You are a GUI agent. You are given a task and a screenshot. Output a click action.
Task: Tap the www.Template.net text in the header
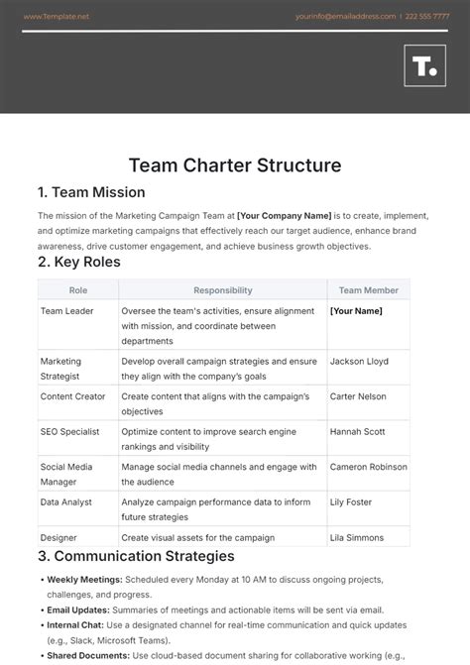[55, 17]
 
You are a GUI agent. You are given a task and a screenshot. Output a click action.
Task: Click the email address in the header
[345, 17]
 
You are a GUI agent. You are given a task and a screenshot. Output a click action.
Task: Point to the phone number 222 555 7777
[428, 17]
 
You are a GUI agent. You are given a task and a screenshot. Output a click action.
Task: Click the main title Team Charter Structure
[235, 165]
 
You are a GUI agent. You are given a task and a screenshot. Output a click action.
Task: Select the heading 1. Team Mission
[91, 192]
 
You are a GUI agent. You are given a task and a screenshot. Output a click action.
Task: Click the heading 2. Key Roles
[79, 262]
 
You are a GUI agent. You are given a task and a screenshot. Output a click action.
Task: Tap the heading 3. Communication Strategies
[136, 556]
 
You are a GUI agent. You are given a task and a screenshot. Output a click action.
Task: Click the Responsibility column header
[222, 290]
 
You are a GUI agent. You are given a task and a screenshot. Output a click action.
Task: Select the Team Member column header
[368, 290]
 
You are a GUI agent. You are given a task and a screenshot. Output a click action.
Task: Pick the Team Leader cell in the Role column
[65, 311]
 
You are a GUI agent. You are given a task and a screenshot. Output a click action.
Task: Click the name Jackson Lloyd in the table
[360, 362]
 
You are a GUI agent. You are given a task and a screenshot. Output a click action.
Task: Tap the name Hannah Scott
[358, 432]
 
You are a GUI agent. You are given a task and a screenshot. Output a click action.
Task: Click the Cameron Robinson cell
[368, 467]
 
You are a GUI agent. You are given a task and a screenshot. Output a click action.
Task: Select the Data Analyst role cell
[66, 502]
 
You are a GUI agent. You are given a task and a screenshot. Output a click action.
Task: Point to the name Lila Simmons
[358, 536]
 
